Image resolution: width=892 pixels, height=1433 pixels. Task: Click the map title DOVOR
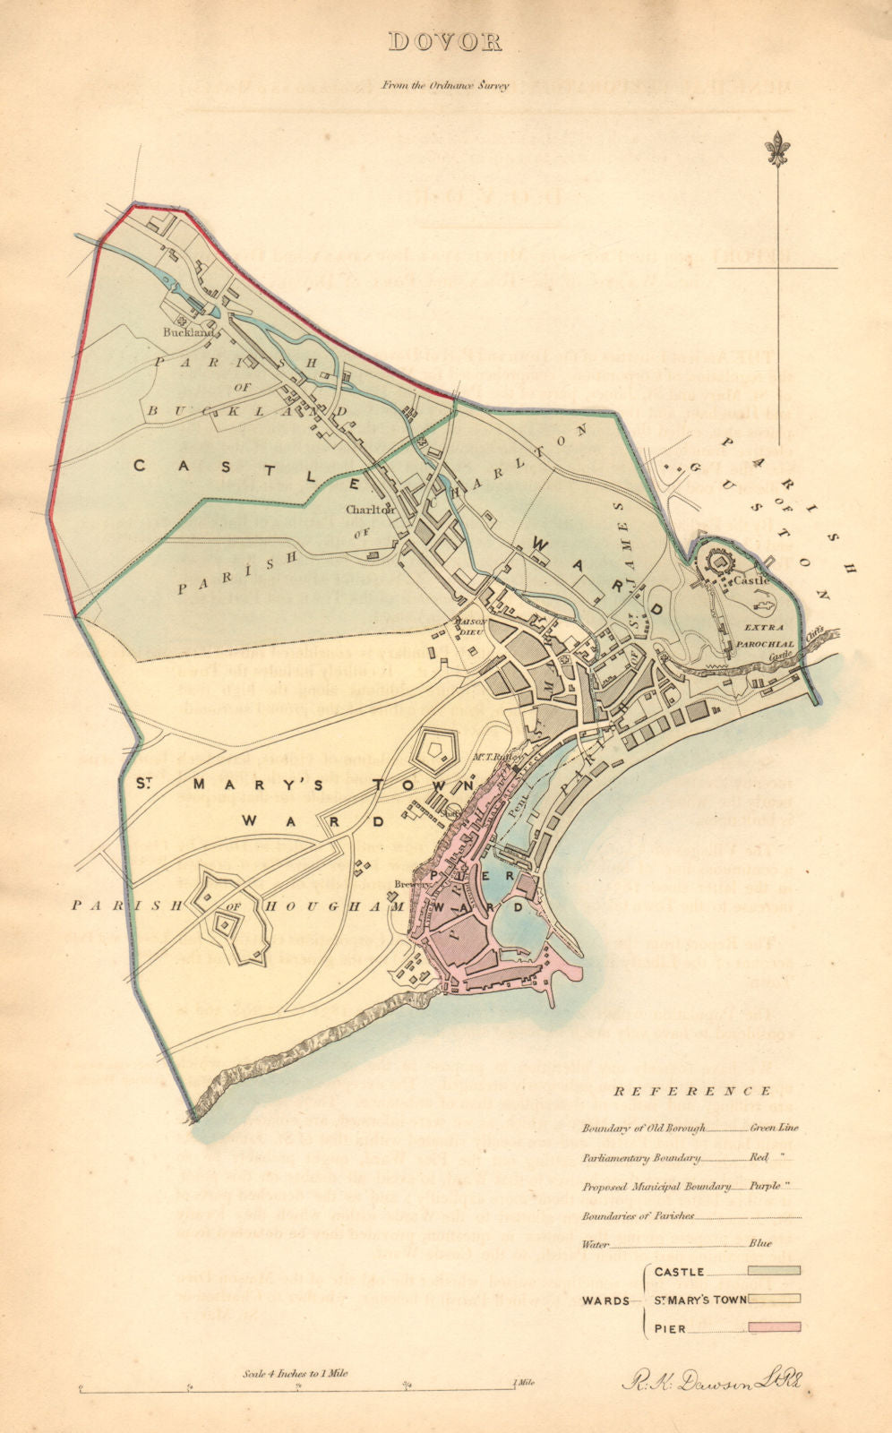pos(445,42)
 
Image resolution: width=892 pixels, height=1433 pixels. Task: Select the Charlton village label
pos(370,510)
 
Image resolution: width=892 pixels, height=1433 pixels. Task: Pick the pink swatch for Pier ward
pos(774,1327)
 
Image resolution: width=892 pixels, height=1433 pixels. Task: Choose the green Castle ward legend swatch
pos(774,1270)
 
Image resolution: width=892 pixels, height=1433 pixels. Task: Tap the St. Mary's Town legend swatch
pos(774,1299)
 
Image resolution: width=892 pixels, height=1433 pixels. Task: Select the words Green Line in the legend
pos(773,1128)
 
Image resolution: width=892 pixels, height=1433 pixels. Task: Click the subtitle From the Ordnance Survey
pos(445,86)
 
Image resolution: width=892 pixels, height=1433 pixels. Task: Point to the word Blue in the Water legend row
pos(759,1243)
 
